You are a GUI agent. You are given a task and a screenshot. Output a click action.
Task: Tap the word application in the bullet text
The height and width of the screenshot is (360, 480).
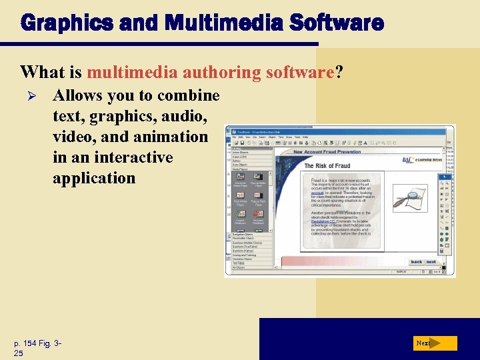pyautogui.click(x=94, y=178)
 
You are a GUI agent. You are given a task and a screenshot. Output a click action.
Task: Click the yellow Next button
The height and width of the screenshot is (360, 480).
pyautogui.click(x=433, y=343)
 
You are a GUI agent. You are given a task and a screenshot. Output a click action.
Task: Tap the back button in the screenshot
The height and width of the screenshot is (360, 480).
pyautogui.click(x=416, y=262)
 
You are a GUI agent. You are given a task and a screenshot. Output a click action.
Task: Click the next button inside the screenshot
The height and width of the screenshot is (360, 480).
pyautogui.click(x=431, y=262)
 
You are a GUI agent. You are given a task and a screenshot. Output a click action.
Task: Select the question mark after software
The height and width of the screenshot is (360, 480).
pyautogui.click(x=339, y=71)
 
